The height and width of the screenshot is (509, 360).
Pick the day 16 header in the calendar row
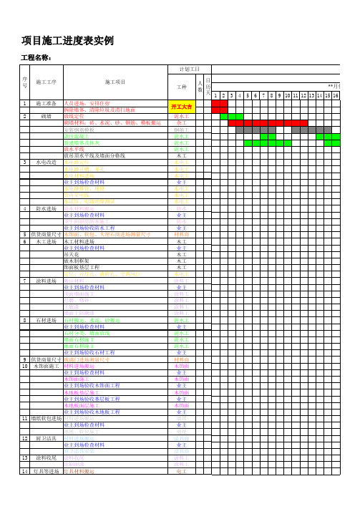click(x=336, y=95)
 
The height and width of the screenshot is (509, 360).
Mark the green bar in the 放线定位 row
click(x=232, y=116)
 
